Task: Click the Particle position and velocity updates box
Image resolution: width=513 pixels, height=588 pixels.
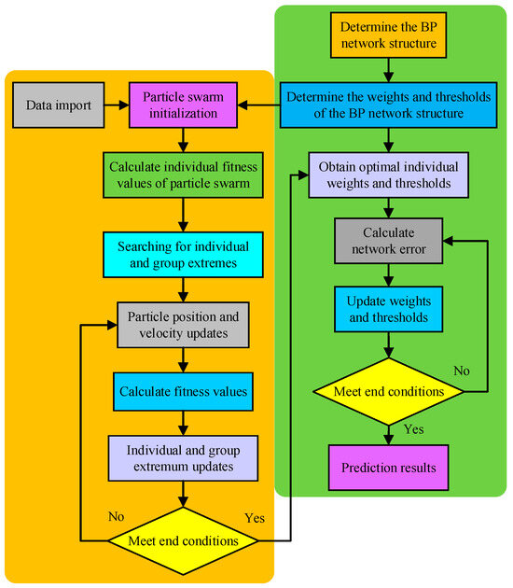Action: pyautogui.click(x=183, y=325)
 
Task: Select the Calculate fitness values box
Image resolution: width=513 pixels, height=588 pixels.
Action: pyautogui.click(x=183, y=392)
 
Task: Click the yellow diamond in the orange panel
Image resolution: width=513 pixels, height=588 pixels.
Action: pyautogui.click(x=183, y=539)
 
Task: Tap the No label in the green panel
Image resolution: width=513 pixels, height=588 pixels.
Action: pyautogui.click(x=461, y=370)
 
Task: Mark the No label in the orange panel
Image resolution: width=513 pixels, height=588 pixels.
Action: pyautogui.click(x=117, y=515)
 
